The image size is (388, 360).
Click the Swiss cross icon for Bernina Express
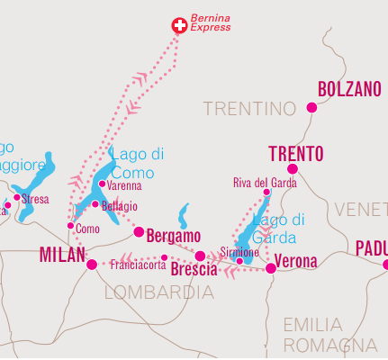(178, 25)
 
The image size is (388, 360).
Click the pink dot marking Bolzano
(311, 108)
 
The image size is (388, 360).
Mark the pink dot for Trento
(292, 168)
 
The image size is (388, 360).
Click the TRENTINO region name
(249, 109)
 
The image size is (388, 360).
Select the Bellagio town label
(120, 206)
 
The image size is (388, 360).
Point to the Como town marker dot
(70, 226)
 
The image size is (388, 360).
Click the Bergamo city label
(174, 236)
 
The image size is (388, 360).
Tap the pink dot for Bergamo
(139, 232)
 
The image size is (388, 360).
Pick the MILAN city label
(62, 256)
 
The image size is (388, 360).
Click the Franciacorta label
(138, 265)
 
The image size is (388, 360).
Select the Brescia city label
(194, 270)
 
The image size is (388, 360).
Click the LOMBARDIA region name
(160, 292)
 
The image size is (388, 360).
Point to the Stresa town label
(35, 199)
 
